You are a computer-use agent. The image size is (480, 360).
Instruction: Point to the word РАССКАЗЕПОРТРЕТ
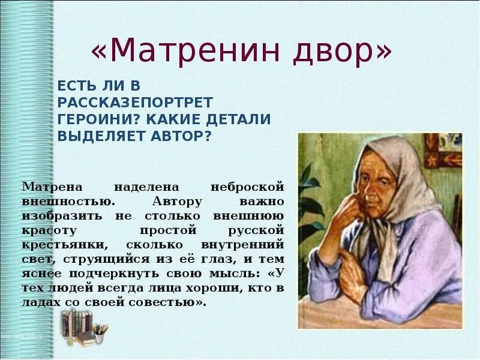(136, 102)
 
